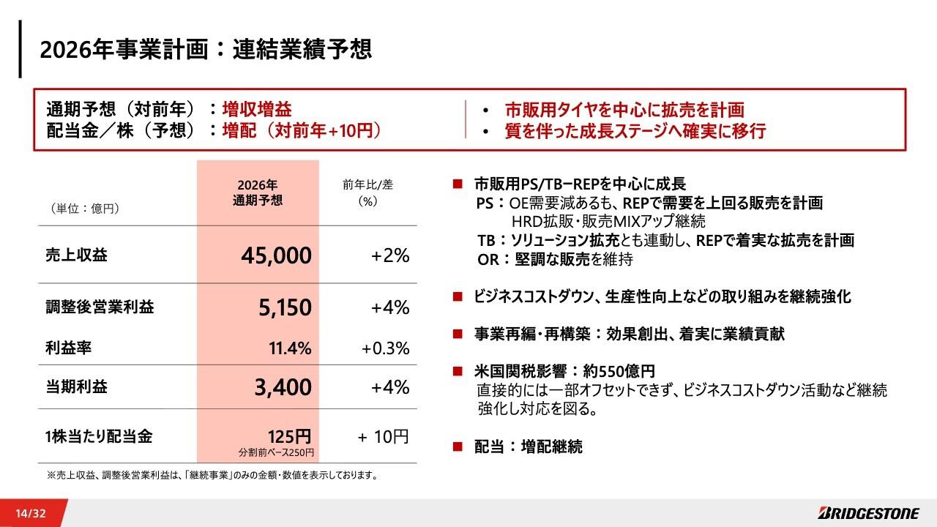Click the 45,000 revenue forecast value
276,255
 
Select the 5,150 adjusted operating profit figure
285,308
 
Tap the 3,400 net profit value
283,387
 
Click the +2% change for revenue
389,255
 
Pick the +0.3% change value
385,348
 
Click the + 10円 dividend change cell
383,437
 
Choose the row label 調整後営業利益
100,308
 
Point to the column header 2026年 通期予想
257,193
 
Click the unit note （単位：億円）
85,209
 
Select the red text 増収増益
257,110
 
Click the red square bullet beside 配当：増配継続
458,446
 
